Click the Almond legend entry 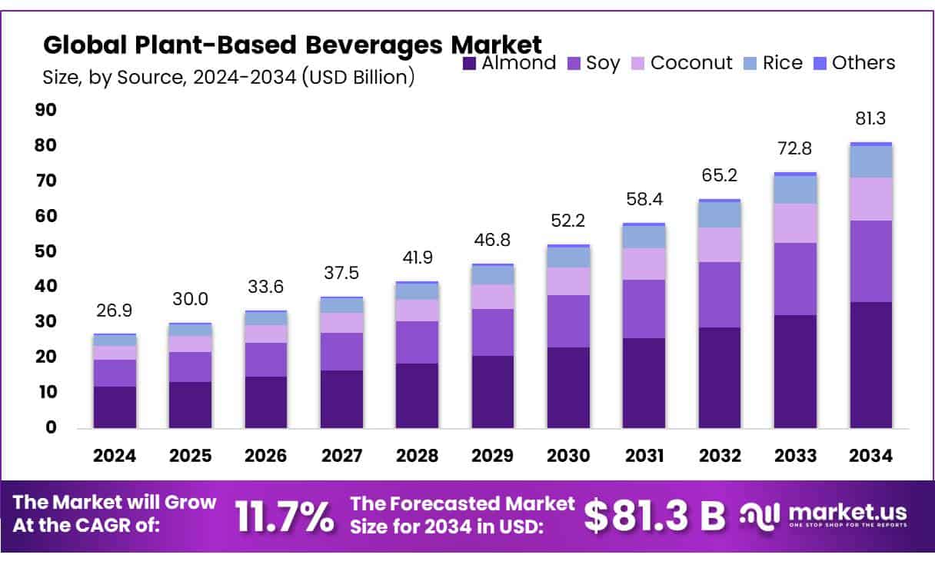coord(510,63)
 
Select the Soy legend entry coord(594,63)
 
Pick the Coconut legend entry coord(681,63)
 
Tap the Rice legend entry coord(774,63)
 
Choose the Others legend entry coord(854,63)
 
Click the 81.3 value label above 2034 coord(871,118)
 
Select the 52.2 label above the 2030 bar coord(569,221)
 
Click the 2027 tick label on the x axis coord(341,456)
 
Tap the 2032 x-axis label coord(720,456)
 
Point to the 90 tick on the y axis coord(47,110)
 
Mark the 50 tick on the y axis coord(47,251)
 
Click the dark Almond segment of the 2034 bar coord(871,365)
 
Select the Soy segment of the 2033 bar coord(796,279)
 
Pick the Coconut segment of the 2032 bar coord(720,244)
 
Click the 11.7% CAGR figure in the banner coord(285,517)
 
